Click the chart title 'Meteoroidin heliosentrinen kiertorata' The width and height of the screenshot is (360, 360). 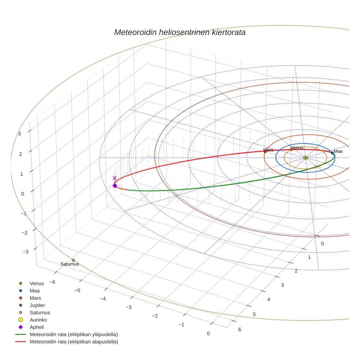coord(180,32)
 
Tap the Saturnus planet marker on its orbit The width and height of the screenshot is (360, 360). coord(73,260)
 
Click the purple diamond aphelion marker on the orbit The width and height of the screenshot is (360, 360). coord(115,186)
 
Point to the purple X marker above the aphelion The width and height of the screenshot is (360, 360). coord(115,178)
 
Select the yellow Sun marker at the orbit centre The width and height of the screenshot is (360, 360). coord(305,158)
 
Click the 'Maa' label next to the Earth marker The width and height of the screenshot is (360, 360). coord(338,151)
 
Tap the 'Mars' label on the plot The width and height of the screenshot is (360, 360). coord(268,150)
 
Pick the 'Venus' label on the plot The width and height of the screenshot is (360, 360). coord(297,147)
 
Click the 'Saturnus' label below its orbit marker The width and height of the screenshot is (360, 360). coord(70,264)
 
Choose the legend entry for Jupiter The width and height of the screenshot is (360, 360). coord(37,305)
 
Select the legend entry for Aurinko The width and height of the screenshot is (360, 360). coord(38,320)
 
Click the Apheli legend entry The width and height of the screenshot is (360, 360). coord(37,327)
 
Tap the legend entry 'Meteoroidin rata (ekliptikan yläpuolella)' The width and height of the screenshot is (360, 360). coord(74,334)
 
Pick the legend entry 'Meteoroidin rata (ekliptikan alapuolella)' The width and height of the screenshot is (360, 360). coord(74,342)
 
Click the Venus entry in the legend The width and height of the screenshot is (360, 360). coord(37,283)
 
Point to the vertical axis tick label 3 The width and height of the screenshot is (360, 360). coord(20,134)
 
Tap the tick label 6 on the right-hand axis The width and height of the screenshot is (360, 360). coord(240,330)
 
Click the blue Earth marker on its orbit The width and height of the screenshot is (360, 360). coord(332,153)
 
